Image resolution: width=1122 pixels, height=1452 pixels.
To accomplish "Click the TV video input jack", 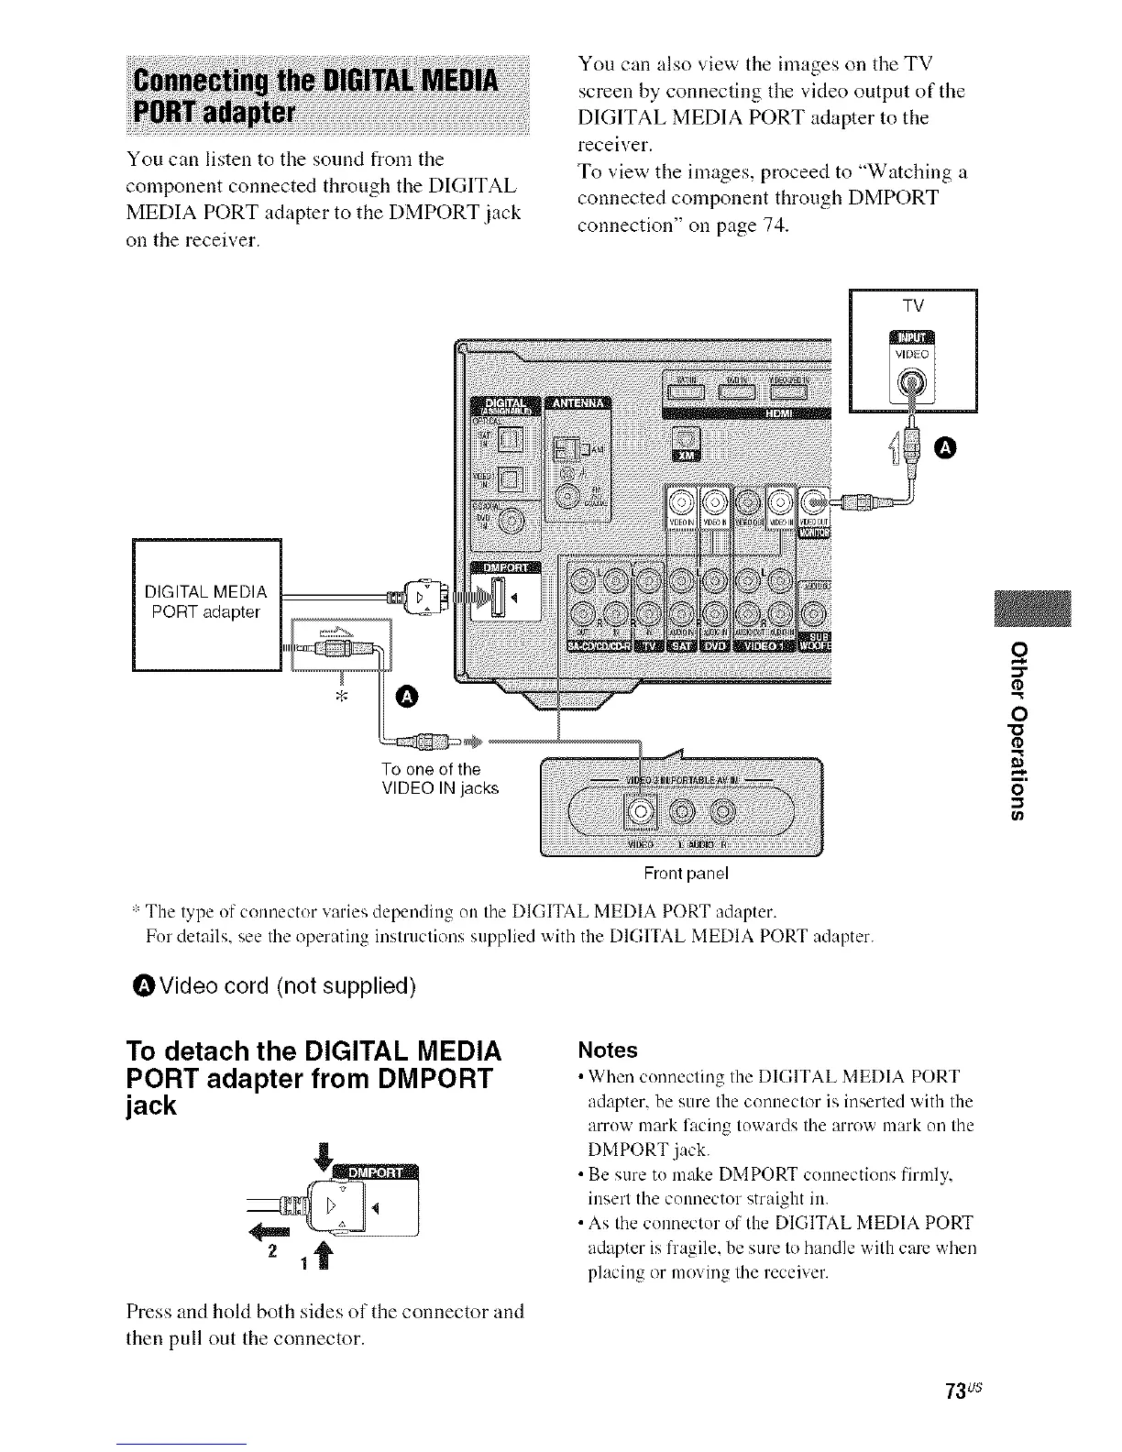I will pos(911,383).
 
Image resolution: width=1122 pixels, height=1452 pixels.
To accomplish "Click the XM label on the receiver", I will pos(685,456).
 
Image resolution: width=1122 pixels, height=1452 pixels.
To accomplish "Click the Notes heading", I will pos(606,1049).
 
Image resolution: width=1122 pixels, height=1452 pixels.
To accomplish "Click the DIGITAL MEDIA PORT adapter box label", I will pos(206,600).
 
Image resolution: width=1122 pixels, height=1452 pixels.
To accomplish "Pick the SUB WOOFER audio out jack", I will pos(812,613).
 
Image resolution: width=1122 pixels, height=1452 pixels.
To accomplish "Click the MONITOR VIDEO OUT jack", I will pos(812,500).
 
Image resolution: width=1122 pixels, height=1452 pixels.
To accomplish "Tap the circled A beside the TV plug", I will pos(944,446).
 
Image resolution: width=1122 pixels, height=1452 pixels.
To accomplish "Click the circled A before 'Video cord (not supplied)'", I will pos(143,986).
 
